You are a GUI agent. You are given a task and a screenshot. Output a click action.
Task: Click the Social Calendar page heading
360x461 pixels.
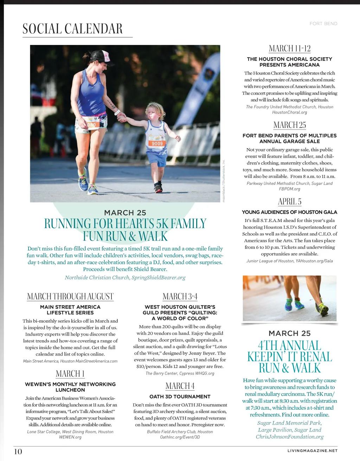[72, 29]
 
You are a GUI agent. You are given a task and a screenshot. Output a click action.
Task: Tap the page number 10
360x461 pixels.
[18, 452]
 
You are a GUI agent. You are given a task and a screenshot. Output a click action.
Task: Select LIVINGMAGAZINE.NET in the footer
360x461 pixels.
[312, 450]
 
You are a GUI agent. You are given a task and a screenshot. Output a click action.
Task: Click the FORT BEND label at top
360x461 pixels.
[323, 24]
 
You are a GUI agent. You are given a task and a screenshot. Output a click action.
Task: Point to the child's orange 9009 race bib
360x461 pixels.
[157, 143]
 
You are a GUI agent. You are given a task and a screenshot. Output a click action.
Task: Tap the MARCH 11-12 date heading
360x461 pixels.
[290, 48]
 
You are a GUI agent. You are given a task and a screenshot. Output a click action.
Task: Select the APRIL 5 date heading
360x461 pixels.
[290, 202]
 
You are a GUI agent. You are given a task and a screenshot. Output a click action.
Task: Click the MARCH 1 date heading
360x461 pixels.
[70, 374]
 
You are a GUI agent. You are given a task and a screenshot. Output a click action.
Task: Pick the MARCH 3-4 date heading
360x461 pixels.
[180, 296]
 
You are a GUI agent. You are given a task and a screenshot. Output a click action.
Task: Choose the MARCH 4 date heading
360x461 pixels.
[180, 386]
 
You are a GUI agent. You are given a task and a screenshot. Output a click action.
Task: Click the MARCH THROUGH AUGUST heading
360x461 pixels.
[70, 296]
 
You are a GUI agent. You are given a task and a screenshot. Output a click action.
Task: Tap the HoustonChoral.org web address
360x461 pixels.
[290, 112]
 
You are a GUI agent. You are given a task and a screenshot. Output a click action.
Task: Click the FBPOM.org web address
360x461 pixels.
[290, 189]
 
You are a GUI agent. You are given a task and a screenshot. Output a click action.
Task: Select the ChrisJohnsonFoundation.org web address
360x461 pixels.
[290, 437]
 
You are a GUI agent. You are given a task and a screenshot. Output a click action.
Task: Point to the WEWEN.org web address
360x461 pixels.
[70, 437]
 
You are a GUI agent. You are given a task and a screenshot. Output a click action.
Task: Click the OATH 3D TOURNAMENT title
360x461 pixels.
[180, 396]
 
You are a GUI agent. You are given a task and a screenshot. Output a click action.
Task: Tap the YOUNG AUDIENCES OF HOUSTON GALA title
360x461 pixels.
[290, 212]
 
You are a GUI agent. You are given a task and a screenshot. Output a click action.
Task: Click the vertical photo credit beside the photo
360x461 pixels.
[224, 181]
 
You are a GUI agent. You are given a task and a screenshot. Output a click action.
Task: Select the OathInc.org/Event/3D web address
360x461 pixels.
[180, 437]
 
